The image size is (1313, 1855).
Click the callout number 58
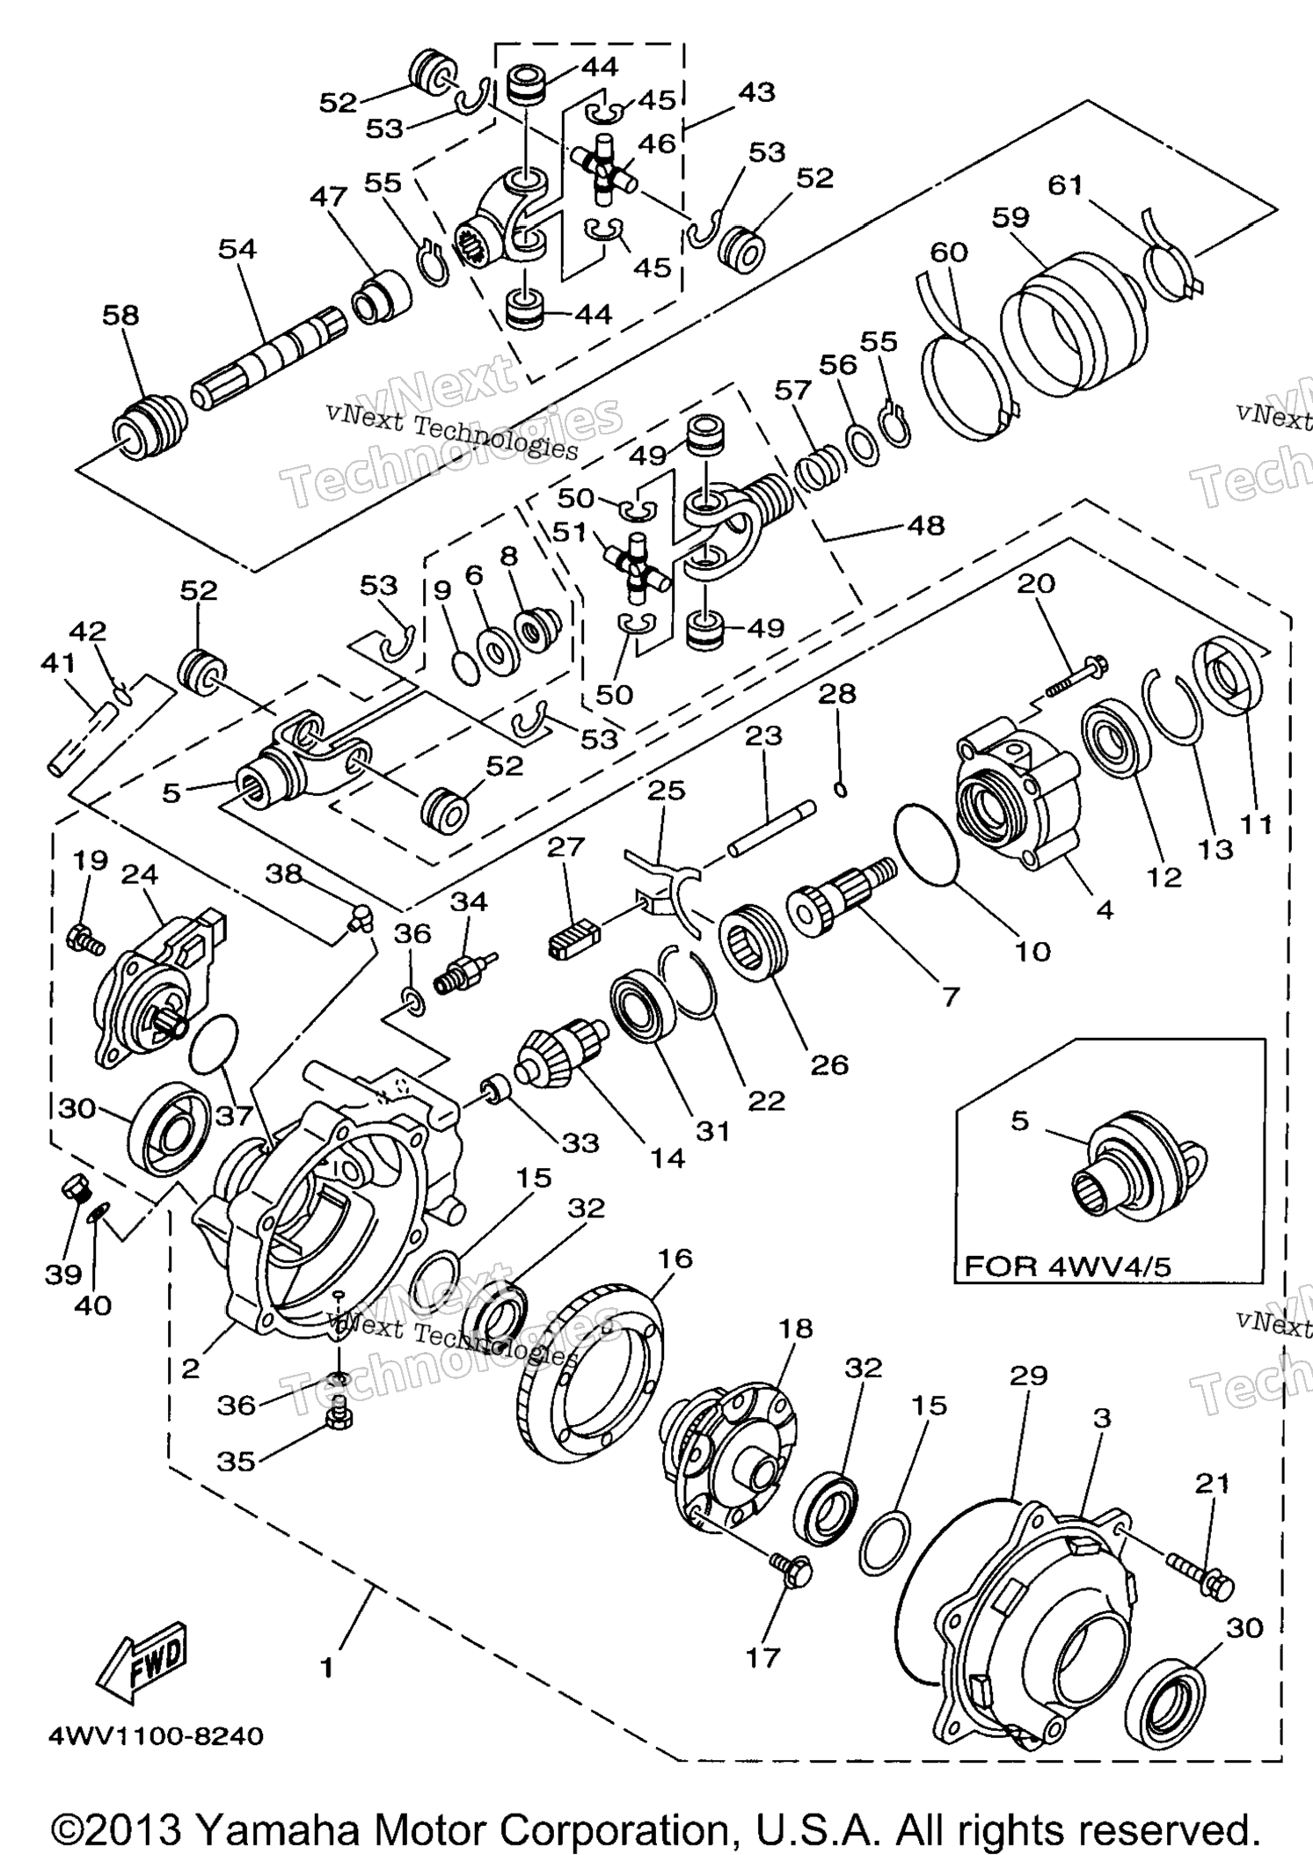pyautogui.click(x=120, y=316)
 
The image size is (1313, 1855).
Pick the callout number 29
pyautogui.click(x=1028, y=1374)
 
